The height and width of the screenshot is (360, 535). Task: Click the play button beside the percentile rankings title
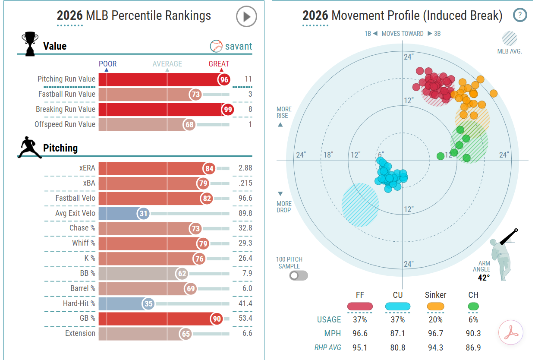pyautogui.click(x=246, y=16)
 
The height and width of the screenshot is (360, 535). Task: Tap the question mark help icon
pyautogui.click(x=520, y=15)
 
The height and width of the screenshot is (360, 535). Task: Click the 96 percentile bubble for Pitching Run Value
pyautogui.click(x=224, y=79)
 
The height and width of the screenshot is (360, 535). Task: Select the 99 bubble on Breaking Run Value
pyautogui.click(x=228, y=109)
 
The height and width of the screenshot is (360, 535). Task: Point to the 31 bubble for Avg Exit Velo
pyautogui.click(x=143, y=213)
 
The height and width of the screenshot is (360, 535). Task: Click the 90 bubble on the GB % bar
pyautogui.click(x=217, y=319)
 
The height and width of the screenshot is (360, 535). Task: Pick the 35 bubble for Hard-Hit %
pyautogui.click(x=148, y=303)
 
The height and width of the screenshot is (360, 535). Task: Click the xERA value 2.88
pyautogui.click(x=245, y=168)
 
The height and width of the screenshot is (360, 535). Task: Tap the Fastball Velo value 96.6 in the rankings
pyautogui.click(x=245, y=198)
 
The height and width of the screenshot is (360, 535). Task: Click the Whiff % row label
pyautogui.click(x=84, y=243)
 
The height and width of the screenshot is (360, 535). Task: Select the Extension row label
pyautogui.click(x=80, y=333)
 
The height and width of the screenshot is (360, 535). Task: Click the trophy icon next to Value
pyautogui.click(x=30, y=44)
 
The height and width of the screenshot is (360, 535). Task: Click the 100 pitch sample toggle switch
pyautogui.click(x=299, y=276)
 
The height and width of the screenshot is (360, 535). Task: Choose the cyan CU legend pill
pyautogui.click(x=398, y=306)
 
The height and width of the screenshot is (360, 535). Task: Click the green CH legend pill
pyautogui.click(x=473, y=306)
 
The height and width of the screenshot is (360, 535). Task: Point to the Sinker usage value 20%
pyautogui.click(x=435, y=319)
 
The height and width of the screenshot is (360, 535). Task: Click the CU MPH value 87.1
pyautogui.click(x=398, y=334)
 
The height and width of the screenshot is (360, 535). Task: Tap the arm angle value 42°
pyautogui.click(x=484, y=278)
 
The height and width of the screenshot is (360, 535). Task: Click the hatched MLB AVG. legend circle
pyautogui.click(x=510, y=38)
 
